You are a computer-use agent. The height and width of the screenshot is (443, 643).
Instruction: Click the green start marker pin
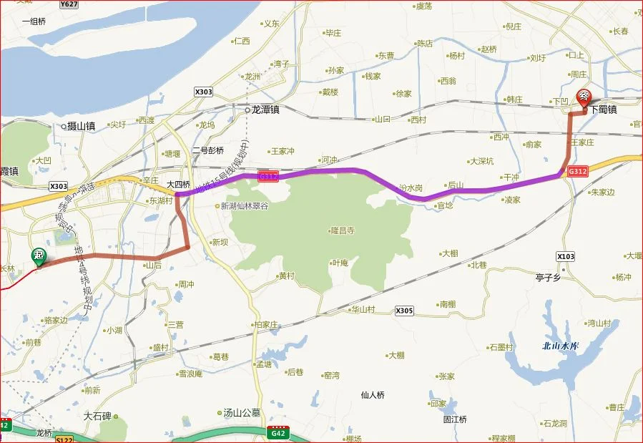38,257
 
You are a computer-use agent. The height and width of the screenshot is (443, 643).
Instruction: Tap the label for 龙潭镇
264,111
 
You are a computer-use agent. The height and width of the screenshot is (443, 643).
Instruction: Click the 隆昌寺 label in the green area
343,230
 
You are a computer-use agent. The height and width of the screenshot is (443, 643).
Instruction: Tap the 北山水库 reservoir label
560,346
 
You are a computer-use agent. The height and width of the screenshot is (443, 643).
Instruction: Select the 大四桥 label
179,184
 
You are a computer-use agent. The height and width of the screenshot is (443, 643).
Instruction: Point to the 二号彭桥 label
208,150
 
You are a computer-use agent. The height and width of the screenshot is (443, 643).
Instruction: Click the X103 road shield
565,256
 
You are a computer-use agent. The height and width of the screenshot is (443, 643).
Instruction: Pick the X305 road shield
404,311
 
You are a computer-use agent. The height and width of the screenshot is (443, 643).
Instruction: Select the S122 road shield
64,438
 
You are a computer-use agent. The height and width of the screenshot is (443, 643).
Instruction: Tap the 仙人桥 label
373,394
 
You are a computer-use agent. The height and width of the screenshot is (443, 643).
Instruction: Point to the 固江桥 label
455,419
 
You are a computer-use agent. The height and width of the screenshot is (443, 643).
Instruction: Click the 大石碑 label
97,416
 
